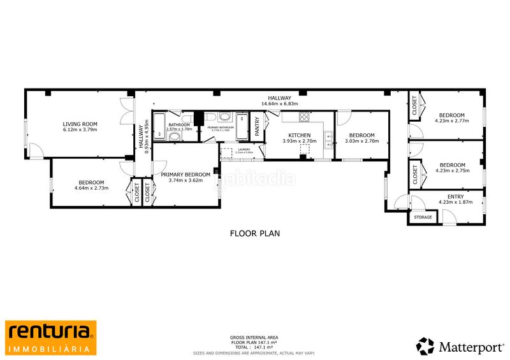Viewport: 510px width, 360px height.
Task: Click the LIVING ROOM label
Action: (x=80, y=124)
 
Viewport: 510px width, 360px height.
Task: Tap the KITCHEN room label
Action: (x=300, y=135)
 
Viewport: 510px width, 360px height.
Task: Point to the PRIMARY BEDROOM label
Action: (x=186, y=174)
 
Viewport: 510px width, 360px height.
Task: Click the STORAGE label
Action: (x=423, y=217)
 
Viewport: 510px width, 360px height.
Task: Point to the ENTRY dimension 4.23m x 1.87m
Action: (x=455, y=203)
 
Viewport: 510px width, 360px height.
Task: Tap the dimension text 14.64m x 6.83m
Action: (x=279, y=104)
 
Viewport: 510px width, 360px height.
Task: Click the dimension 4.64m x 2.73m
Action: (x=91, y=188)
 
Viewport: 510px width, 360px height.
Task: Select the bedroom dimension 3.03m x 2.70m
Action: (x=361, y=142)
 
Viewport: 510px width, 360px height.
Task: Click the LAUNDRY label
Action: (x=244, y=150)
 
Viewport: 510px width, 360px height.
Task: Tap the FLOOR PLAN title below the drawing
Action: (x=255, y=233)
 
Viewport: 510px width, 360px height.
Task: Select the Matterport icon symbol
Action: (x=425, y=346)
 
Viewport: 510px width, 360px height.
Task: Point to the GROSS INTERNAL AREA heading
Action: (x=254, y=337)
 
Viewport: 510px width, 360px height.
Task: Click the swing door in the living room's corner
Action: (x=36, y=150)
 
